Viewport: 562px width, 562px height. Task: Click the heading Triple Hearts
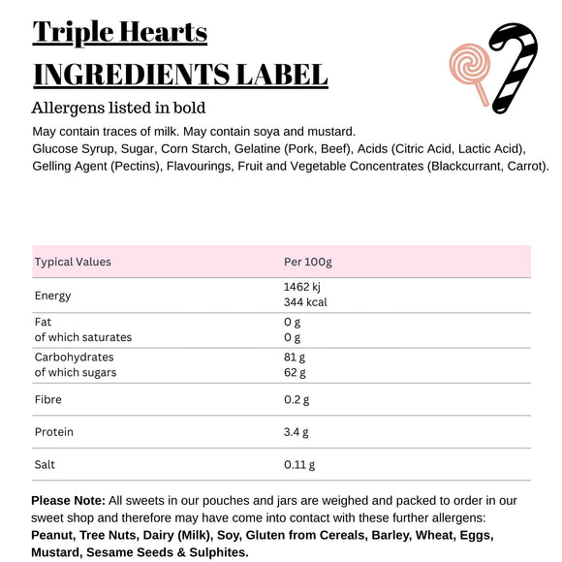click(x=119, y=32)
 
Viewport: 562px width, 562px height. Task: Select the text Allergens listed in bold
click(x=118, y=108)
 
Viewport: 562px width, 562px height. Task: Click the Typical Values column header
click(x=73, y=262)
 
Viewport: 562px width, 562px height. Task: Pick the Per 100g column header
click(x=307, y=262)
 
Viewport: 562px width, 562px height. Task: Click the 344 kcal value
click(x=305, y=302)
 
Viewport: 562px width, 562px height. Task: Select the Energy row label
click(x=52, y=296)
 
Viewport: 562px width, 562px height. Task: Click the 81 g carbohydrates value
click(x=295, y=357)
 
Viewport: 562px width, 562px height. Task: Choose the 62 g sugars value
click(x=295, y=372)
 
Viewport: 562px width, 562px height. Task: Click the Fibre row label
click(x=48, y=399)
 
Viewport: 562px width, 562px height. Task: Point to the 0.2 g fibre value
click(x=297, y=399)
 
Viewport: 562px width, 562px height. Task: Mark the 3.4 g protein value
click(x=297, y=432)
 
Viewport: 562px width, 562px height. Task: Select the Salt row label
click(x=46, y=465)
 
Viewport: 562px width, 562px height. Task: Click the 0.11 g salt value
click(x=299, y=465)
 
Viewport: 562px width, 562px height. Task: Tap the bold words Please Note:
click(x=68, y=501)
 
